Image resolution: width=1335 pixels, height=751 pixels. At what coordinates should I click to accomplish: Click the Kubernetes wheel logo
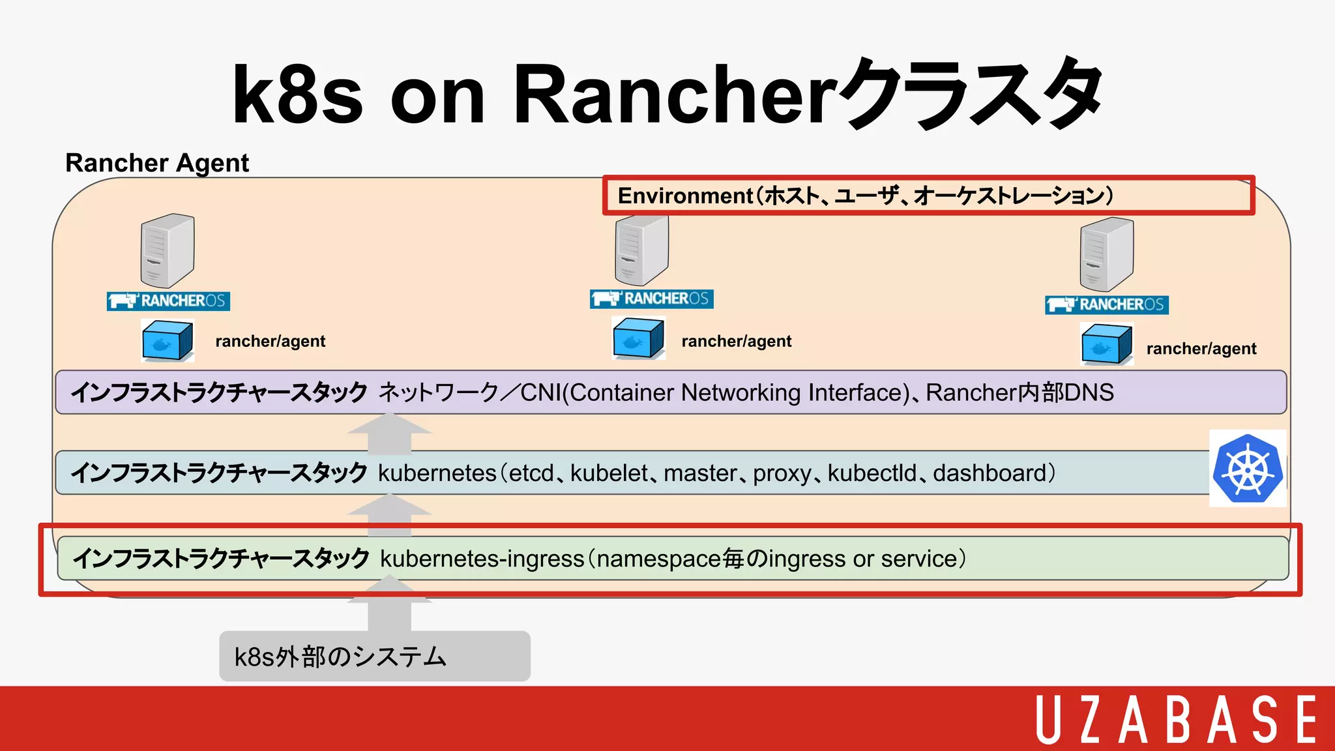1248,469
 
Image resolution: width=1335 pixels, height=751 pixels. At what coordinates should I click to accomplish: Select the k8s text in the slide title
297,95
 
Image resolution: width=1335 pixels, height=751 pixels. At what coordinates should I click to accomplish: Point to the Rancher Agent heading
157,163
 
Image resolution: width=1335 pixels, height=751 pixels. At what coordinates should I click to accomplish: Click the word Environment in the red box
684,196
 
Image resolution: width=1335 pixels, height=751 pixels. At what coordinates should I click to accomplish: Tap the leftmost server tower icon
168,250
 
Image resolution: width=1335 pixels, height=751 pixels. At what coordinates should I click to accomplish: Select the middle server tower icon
641,250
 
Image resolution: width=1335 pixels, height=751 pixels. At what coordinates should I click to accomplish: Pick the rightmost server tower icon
1106,254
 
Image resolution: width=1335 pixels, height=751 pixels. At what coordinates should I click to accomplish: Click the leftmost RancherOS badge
168,301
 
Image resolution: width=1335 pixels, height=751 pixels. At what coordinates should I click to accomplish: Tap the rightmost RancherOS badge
1106,304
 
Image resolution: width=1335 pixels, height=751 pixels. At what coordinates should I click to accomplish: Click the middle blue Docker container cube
638,338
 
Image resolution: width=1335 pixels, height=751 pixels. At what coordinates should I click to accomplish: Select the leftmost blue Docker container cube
168,340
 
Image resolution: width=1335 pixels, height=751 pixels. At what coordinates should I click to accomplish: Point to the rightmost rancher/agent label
1201,349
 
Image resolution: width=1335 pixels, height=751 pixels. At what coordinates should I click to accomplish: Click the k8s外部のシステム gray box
374,656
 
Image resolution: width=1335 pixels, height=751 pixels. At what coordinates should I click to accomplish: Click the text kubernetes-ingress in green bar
482,559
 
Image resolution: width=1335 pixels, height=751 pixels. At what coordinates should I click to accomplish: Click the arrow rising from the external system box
389,606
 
